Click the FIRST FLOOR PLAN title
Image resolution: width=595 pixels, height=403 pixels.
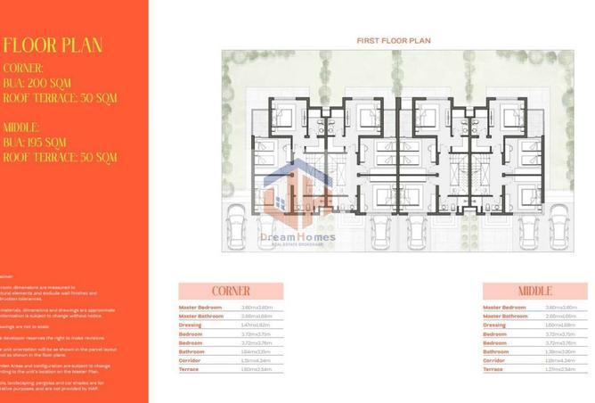tap(393, 41)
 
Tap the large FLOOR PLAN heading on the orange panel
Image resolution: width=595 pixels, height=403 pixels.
tap(53, 45)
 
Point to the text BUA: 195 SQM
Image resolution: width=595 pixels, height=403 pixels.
tap(35, 142)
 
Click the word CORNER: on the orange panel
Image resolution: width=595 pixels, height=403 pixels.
tap(23, 68)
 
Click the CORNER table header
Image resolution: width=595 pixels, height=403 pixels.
tap(231, 291)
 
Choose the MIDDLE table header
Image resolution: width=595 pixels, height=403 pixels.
tap(535, 291)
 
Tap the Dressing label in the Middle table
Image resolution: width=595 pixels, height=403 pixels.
tap(493, 325)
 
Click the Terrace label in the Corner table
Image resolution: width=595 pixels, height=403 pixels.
tap(189, 368)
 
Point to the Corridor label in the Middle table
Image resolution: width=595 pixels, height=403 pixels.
tap(493, 359)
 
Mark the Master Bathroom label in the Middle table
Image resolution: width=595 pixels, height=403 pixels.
tap(505, 316)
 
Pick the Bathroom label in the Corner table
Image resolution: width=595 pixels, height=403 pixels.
tap(192, 350)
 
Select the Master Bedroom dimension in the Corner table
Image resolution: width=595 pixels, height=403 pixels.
tap(257, 308)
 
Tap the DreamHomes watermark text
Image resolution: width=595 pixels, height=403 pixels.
tap(297, 237)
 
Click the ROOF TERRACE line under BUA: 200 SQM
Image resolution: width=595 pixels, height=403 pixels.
tap(60, 97)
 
